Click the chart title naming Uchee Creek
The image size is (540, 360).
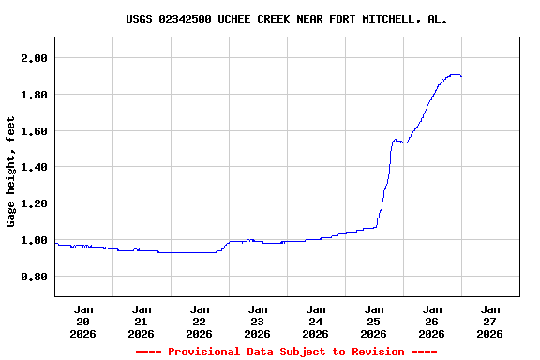(x=286, y=19)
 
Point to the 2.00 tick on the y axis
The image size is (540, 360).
(x=34, y=58)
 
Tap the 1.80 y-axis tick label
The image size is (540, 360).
(x=34, y=95)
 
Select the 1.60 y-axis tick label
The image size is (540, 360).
(x=34, y=131)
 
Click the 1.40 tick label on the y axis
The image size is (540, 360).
(x=34, y=167)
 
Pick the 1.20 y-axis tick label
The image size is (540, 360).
(x=34, y=203)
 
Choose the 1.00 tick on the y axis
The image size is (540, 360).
(x=34, y=240)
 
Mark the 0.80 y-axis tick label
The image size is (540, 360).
(x=34, y=277)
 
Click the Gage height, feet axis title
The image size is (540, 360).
(x=11, y=172)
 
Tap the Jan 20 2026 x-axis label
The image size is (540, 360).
(x=83, y=321)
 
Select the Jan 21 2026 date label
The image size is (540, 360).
(x=142, y=321)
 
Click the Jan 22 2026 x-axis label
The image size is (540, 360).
(x=200, y=321)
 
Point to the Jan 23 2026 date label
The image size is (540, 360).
(x=258, y=321)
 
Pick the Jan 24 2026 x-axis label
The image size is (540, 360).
(x=316, y=321)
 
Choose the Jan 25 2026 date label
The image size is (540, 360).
(x=374, y=321)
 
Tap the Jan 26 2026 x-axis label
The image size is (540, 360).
(x=432, y=321)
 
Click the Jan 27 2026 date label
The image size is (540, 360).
(x=490, y=321)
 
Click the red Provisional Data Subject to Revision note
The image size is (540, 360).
(x=286, y=352)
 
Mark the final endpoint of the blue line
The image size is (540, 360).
(x=461, y=76)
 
